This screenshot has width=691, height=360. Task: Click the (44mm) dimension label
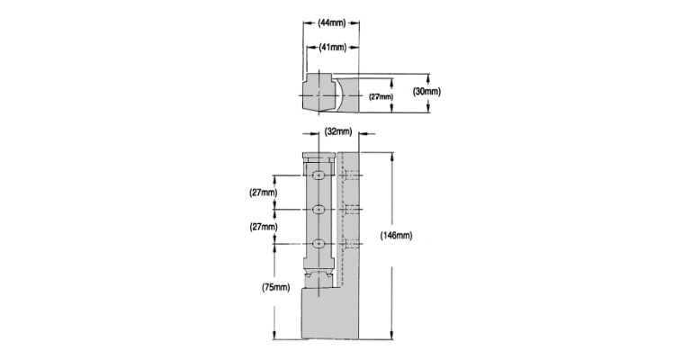tap(332, 22)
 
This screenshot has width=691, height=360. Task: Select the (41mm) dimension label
tap(333, 47)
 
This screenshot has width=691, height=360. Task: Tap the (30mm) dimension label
tap(426, 92)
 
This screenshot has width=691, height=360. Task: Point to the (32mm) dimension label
tap(338, 131)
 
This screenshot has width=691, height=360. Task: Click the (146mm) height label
tap(396, 236)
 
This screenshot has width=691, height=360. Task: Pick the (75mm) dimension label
tap(276, 287)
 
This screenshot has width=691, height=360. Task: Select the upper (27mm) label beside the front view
tap(264, 193)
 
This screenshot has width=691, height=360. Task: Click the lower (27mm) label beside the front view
tap(264, 227)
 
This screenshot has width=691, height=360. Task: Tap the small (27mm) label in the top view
tap(381, 96)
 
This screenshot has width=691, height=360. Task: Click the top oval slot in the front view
tap(319, 175)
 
